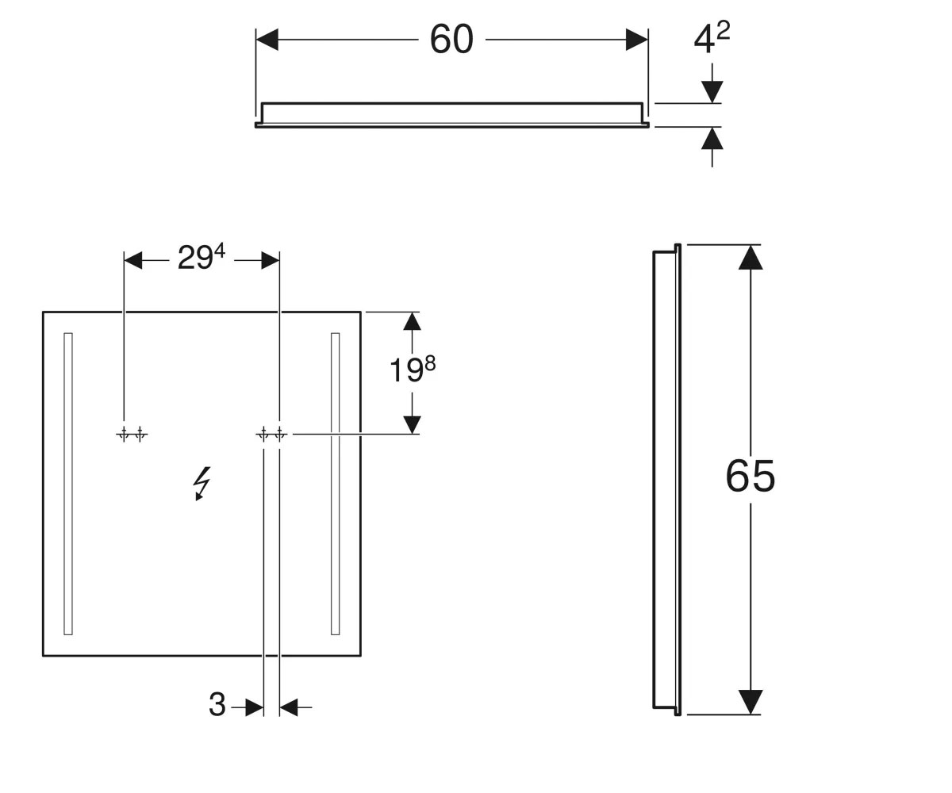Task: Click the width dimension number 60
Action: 451,39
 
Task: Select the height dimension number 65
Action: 750,477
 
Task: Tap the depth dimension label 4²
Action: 712,36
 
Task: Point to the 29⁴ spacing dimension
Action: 201,257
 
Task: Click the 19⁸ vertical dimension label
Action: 413,369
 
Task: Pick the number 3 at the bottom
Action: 217,704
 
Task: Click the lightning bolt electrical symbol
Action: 202,483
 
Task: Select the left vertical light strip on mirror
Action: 68,484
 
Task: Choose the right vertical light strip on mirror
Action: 335,484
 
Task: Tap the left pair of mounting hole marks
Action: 132,435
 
